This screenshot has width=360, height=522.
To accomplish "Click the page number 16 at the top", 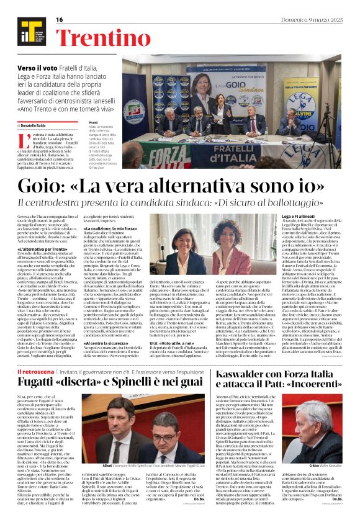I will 60,20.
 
